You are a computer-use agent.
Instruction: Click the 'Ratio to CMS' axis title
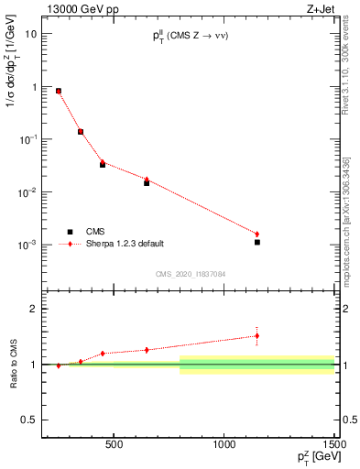(14, 364)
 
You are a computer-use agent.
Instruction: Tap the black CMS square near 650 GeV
(147, 183)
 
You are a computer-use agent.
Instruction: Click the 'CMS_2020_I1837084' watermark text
(191, 274)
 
